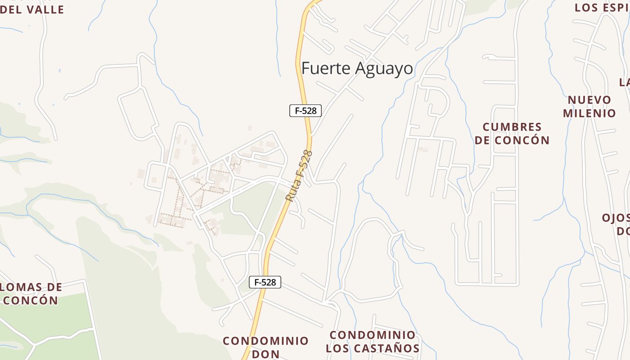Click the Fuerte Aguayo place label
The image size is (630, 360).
(x=357, y=68)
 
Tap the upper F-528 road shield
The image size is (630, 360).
(x=306, y=111)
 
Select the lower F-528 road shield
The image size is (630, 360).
(x=265, y=282)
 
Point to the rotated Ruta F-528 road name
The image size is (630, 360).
(x=299, y=175)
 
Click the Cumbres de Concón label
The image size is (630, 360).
(x=512, y=133)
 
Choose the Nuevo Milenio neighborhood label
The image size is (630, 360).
(x=589, y=106)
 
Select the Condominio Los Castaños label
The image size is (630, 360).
(x=373, y=342)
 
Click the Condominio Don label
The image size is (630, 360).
(x=265, y=347)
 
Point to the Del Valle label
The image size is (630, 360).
(x=32, y=9)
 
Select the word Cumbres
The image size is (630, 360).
(x=512, y=126)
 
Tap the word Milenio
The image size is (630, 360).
(x=589, y=113)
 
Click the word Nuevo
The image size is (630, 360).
(x=589, y=99)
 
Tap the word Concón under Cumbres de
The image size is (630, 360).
(x=522, y=140)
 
